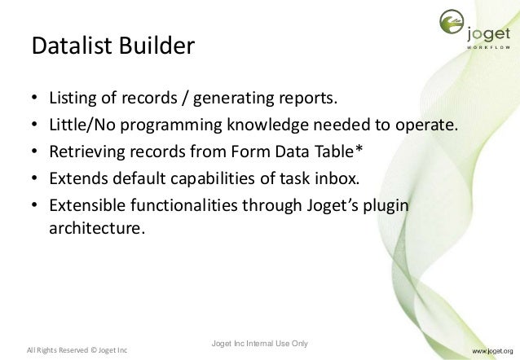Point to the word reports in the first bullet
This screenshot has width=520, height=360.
[x=306, y=100]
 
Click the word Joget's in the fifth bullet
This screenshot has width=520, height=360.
[x=326, y=204]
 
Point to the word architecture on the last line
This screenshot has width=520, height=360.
[x=96, y=229]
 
